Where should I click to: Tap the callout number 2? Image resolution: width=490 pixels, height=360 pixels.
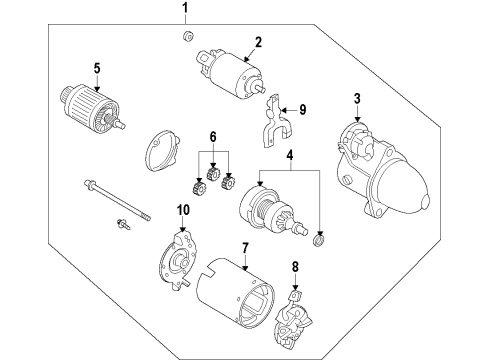coord(257,42)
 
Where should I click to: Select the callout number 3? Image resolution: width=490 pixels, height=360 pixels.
coord(357,97)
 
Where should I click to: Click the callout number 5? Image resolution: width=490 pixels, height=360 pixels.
coord(96,68)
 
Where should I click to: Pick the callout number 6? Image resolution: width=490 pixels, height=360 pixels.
coord(211,135)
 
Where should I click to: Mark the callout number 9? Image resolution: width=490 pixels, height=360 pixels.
coord(304,111)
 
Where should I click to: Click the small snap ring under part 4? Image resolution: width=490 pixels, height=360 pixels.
coord(319,238)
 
